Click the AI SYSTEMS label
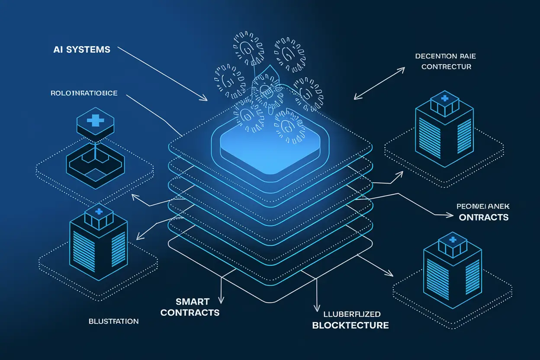click(82, 50)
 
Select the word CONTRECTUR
click(446, 67)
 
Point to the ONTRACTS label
click(484, 217)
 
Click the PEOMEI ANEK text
click(482, 207)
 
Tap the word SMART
click(193, 302)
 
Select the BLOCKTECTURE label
click(350, 325)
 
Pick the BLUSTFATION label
click(114, 321)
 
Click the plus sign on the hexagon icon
click(96, 121)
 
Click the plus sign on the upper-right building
click(444, 99)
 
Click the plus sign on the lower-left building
click(98, 212)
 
